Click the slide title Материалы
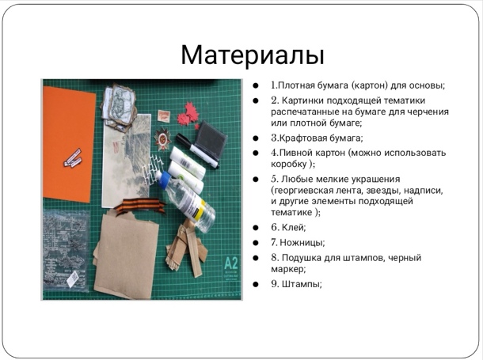point(253,55)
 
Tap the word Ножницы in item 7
point(301,242)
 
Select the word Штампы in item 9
point(301,284)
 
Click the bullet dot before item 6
point(256,228)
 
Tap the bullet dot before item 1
point(256,85)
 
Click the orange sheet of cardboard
point(69,144)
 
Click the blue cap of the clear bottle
point(164,179)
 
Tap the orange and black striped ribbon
point(140,206)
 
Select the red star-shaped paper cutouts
point(188,115)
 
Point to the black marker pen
point(197,151)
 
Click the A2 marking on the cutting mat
point(230,263)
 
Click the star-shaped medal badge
point(162,139)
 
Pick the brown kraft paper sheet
point(126,255)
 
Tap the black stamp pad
point(211,139)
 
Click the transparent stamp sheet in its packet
point(66,250)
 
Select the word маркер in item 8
point(287,269)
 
